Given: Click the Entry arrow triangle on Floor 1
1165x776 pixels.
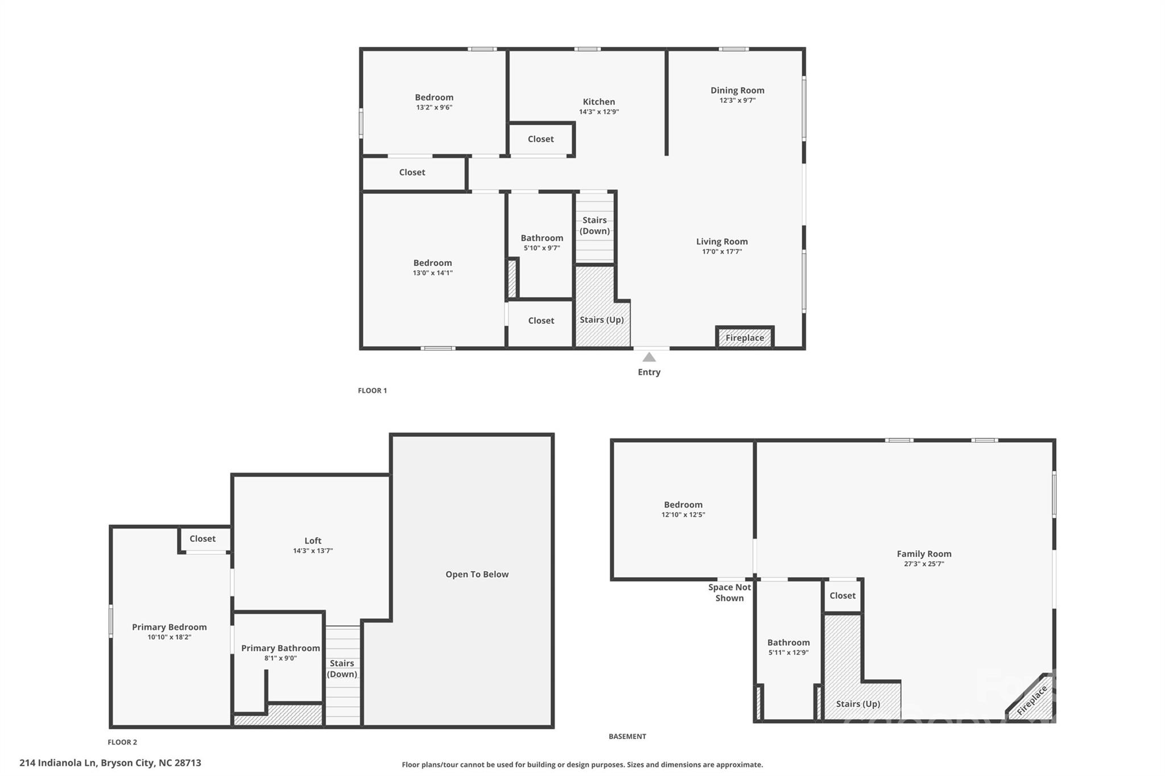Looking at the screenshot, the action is pos(649,357).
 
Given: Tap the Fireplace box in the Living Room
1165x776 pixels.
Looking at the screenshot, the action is pos(745,337).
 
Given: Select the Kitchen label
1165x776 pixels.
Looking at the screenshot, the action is pos(599,102).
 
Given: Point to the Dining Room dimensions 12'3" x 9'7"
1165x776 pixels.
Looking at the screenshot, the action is pos(737,101).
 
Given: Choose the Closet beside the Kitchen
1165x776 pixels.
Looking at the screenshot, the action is pos(540,139).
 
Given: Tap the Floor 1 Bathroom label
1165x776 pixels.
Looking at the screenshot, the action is pos(542,238).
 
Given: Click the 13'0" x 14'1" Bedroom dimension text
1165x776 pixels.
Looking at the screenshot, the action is pos(433,273).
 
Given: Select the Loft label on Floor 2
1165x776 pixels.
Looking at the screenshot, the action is pos(313,541).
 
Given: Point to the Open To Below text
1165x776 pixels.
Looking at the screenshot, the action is pos(477,574).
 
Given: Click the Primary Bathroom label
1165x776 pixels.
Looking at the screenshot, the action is pos(280,648).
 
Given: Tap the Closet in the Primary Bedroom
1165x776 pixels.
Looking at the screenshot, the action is pos(203,539).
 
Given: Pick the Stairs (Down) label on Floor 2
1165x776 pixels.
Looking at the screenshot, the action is pos(342,669).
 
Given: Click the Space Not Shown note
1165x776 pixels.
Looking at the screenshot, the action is pos(729,592).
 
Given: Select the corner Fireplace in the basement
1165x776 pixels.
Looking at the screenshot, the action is pos(1032,699).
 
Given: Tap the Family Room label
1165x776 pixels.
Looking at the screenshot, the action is pos(924,554).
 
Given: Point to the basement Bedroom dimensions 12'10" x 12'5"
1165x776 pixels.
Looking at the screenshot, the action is pos(683,515).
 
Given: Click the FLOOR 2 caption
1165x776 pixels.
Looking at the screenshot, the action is pos(122,742).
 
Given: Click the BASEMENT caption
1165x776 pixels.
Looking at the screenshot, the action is pos(627,736).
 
